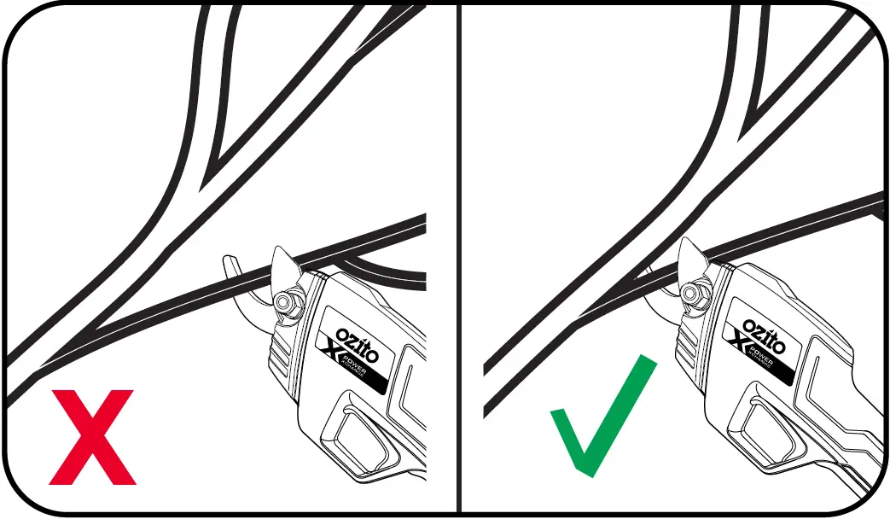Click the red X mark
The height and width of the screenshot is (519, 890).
coord(92,436)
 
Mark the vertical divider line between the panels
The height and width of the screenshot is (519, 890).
coord(460,256)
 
